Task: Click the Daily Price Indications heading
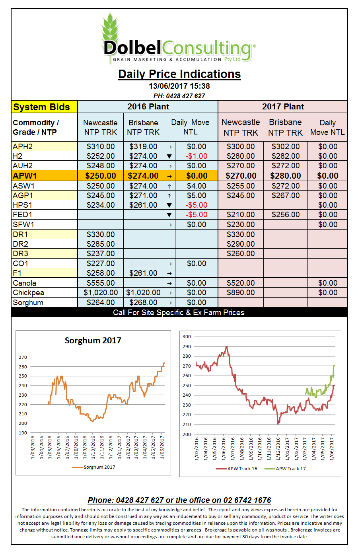pos(179,74)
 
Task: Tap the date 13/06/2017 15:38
pos(179,86)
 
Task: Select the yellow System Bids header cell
pos(45,107)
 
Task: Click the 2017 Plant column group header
pos(283,106)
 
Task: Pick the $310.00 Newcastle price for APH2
pos(101,146)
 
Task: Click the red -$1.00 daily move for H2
pos(196,156)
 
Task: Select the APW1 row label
pos(25,176)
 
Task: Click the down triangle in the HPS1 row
pos(169,205)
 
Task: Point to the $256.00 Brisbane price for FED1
pos(286,214)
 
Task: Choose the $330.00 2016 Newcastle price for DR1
pos(101,234)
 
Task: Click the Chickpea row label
pos(28,292)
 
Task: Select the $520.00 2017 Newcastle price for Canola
pos(241,283)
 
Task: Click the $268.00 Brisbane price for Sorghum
pos(143,302)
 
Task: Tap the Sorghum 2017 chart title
pos(93,341)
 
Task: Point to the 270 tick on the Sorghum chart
pos(23,357)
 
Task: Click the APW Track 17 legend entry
pos(285,469)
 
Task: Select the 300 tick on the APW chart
pos(187,337)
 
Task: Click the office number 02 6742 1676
pos(247,500)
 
